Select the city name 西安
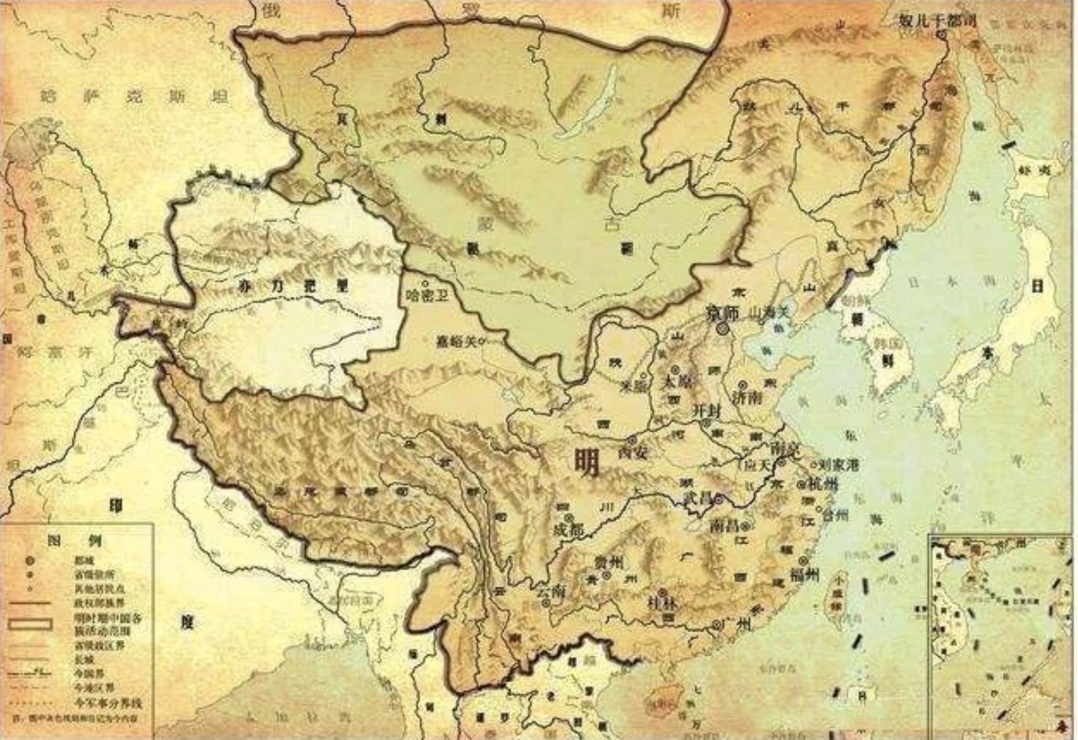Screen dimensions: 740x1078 [x=634, y=452]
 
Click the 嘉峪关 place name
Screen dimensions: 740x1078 [x=457, y=340]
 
